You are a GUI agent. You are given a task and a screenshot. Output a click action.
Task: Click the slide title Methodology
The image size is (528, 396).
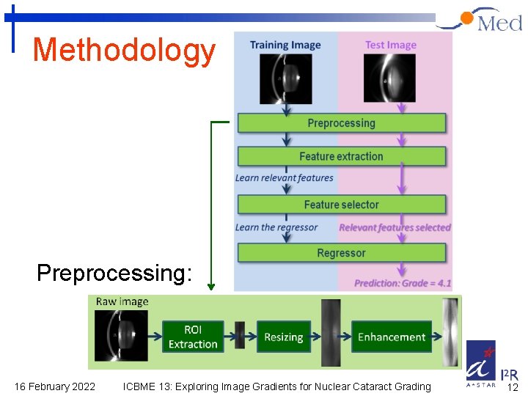[x=124, y=51]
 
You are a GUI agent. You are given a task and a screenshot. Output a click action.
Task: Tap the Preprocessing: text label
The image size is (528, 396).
[x=114, y=273]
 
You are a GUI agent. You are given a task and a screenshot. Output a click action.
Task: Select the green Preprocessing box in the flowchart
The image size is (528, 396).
[x=341, y=122]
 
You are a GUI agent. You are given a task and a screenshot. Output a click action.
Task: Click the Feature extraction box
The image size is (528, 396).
[x=341, y=156]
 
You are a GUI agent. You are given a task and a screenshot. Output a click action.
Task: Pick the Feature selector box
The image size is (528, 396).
[x=341, y=205]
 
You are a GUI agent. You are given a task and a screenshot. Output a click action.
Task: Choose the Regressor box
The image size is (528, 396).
[x=341, y=253]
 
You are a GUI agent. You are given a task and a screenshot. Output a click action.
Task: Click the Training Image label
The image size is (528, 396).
[x=285, y=45]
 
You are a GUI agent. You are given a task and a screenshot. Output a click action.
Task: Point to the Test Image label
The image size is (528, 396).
[x=391, y=45]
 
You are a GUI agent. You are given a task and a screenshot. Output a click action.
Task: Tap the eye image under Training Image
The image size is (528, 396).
[x=285, y=79]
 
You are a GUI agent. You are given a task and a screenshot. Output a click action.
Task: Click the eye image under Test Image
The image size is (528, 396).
[x=389, y=79]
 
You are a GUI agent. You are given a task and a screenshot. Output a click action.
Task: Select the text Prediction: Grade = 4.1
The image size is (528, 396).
[x=403, y=283]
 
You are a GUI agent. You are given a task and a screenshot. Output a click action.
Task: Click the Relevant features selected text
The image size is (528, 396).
[x=395, y=227]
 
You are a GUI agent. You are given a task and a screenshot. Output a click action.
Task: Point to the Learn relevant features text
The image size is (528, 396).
[x=284, y=177]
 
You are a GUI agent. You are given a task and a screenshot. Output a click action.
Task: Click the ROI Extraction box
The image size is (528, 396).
[x=193, y=337]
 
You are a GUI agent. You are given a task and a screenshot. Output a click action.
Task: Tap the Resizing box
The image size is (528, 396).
[x=283, y=337]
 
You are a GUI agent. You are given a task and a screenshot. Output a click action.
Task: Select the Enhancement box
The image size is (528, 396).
[x=392, y=337]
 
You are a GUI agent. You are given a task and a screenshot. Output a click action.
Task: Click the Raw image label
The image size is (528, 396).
[x=122, y=301]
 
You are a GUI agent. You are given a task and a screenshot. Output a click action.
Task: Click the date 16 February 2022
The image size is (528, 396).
[x=55, y=386]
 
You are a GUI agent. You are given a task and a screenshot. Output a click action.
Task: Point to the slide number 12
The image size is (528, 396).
[x=513, y=387]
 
